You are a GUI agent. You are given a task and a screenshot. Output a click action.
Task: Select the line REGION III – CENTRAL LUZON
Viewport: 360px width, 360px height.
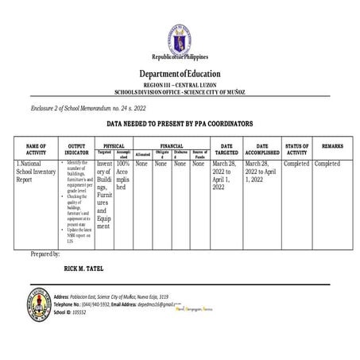[x=180, y=83]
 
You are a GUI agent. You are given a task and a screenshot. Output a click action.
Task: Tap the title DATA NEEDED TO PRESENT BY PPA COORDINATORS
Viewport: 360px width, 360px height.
[x=180, y=125]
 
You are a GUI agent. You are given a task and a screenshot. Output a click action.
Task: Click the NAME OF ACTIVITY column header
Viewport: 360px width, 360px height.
[x=37, y=149]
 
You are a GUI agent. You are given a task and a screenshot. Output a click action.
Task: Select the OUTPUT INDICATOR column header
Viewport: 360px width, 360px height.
[x=77, y=149]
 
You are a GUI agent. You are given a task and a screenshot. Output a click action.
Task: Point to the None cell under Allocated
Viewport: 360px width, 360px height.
[x=142, y=164]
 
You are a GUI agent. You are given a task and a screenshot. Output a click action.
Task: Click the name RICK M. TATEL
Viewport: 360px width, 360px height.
[x=83, y=269]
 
